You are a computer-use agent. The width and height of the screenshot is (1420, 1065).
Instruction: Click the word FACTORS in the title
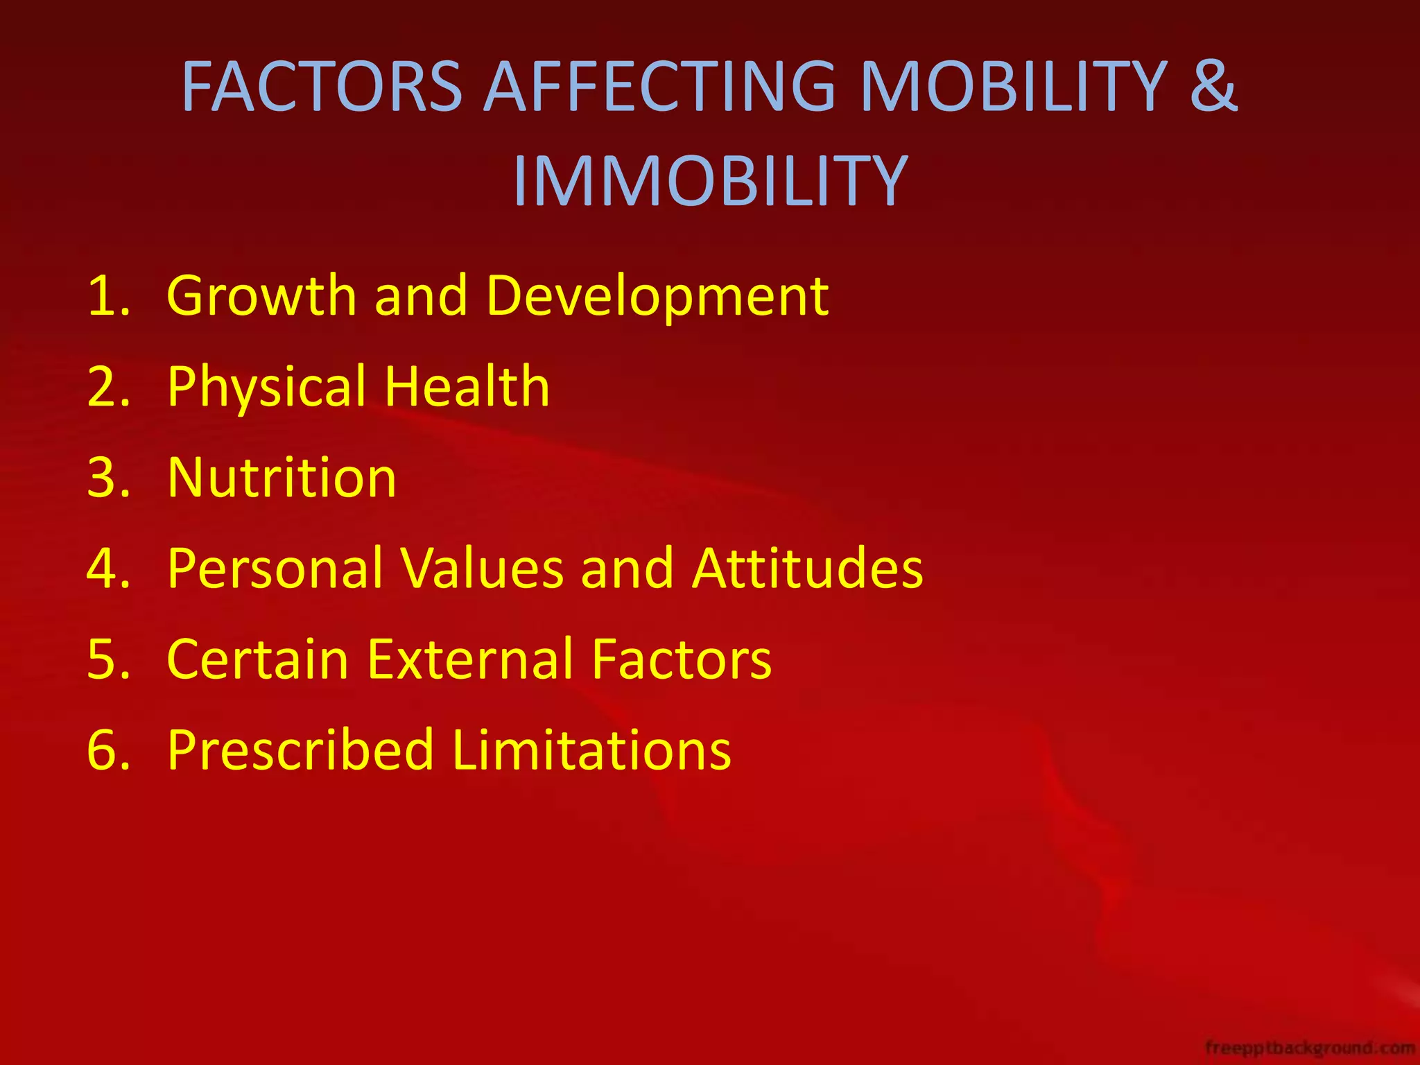click(322, 87)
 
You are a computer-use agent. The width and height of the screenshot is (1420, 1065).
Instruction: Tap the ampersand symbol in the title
click(1213, 87)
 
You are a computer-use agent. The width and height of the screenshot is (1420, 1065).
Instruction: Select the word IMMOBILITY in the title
click(710, 182)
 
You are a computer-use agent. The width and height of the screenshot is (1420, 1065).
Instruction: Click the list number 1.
click(108, 296)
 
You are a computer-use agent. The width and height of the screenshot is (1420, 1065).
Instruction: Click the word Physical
click(267, 387)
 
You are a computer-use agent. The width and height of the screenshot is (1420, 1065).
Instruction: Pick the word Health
click(467, 387)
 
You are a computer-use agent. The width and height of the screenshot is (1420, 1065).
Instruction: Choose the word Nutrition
click(282, 478)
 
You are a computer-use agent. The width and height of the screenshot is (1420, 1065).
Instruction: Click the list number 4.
click(108, 569)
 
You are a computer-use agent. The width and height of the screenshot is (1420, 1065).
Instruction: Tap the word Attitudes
click(807, 569)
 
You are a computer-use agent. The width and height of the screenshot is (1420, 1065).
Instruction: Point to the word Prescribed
click(300, 750)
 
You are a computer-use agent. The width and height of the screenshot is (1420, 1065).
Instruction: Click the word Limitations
click(591, 750)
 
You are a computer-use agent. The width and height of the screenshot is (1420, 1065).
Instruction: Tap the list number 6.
click(108, 750)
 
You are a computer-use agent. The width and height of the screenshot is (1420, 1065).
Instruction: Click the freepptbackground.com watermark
click(1310, 1047)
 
